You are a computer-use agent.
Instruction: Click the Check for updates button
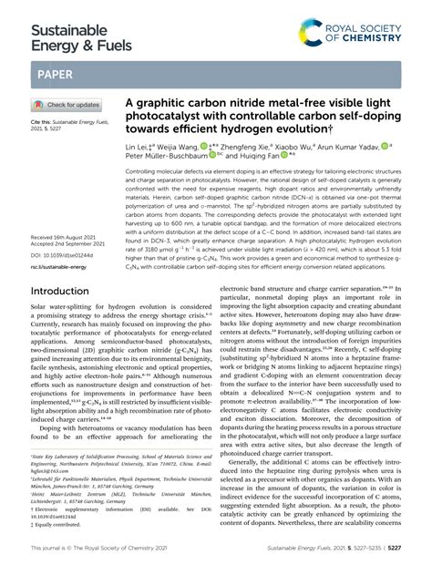coord(66,105)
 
